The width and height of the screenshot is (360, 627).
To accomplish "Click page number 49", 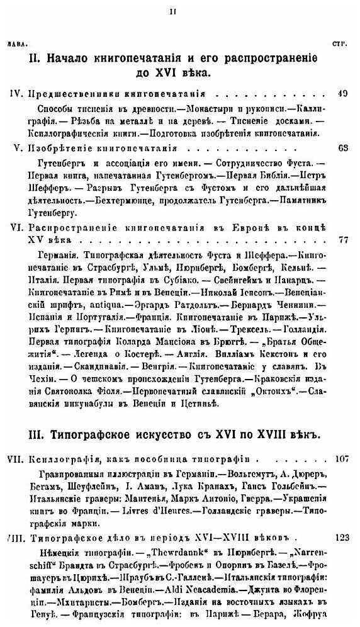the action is (x=343, y=94).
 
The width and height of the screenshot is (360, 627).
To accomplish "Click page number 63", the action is (x=343, y=149).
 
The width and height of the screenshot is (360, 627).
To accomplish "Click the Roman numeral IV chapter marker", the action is (x=16, y=94).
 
